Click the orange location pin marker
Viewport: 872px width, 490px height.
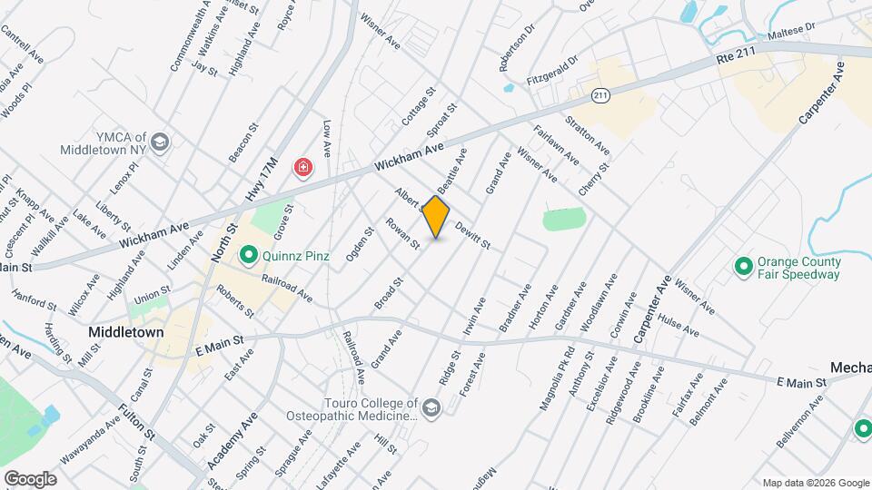(437, 216)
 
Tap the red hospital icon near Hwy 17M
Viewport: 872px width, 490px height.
(302, 168)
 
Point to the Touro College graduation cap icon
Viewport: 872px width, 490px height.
(430, 408)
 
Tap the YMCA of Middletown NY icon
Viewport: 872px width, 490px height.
(161, 142)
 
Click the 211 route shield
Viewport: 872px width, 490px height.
(599, 95)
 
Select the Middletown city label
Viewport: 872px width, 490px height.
(126, 332)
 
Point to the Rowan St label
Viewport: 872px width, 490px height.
(402, 233)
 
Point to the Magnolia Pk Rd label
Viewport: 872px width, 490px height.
(558, 377)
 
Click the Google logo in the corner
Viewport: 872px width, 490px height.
(30, 478)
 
